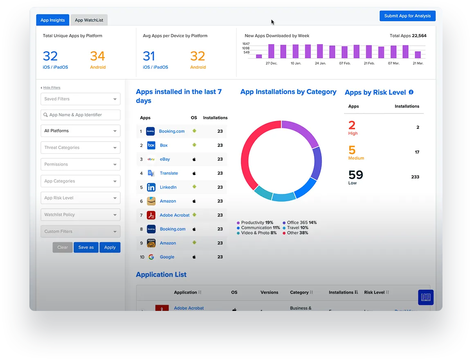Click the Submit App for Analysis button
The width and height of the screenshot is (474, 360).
point(407,16)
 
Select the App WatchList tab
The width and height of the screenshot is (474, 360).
point(89,20)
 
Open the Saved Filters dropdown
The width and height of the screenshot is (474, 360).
point(80,99)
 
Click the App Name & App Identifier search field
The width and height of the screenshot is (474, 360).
point(80,115)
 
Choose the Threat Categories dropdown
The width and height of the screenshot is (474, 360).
point(80,148)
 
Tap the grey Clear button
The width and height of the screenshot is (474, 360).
point(63,248)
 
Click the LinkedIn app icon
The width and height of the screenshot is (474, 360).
point(151,187)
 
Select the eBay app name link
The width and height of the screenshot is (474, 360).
point(165,159)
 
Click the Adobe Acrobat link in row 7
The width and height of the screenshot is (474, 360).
point(175,215)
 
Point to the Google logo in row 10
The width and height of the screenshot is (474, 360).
point(151,257)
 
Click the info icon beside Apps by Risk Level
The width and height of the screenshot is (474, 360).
point(411,92)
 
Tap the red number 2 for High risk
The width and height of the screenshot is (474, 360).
point(352,125)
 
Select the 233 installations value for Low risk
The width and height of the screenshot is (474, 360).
point(415,177)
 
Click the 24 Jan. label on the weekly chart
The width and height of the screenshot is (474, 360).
point(320,63)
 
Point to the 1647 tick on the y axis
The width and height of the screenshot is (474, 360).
point(246,44)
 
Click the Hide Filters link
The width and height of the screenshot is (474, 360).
point(52,88)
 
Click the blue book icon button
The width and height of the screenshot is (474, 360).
point(426,297)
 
